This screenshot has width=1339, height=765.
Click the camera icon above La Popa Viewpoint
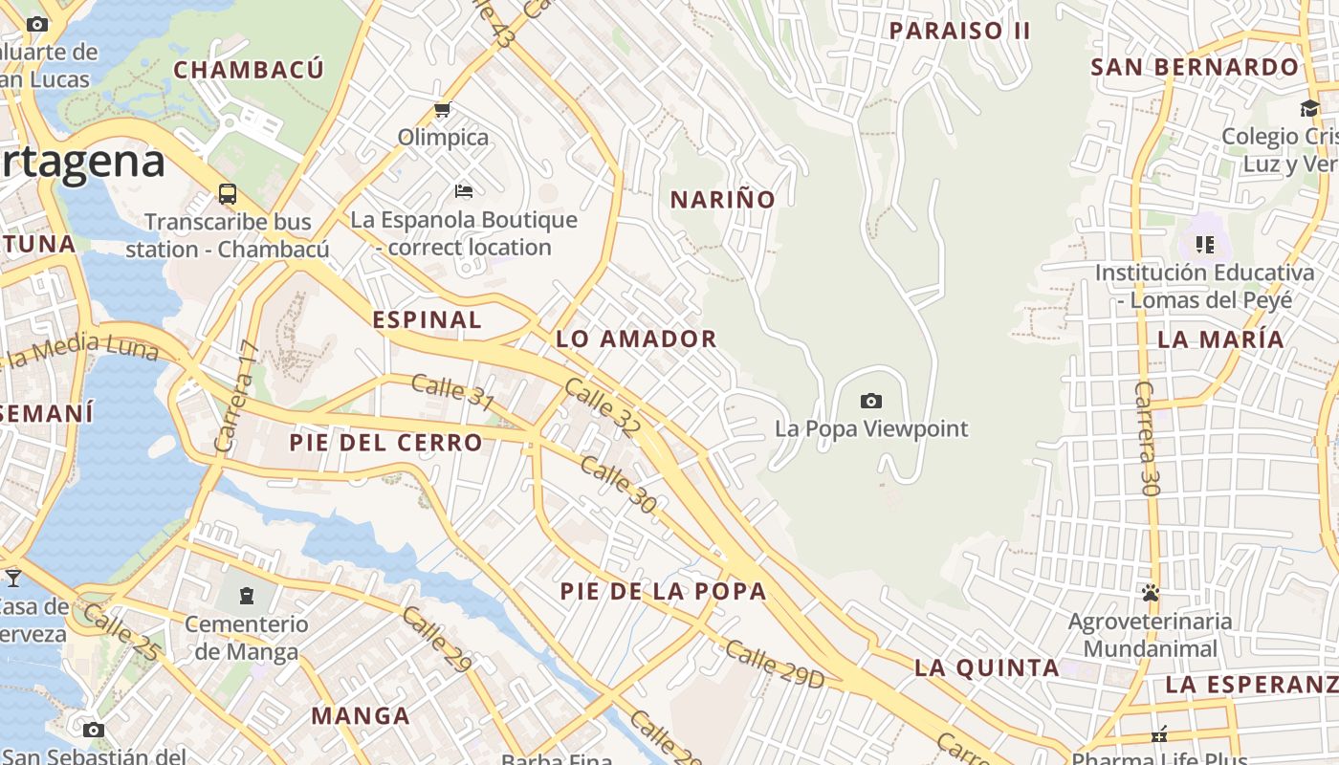pyautogui.click(x=870, y=401)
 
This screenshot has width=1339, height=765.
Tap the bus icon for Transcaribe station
pyautogui.click(x=228, y=194)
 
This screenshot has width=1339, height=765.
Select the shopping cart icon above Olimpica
pyautogui.click(x=442, y=110)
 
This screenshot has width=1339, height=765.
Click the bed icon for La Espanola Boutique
pyautogui.click(x=464, y=191)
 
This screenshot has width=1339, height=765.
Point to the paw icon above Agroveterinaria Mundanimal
pyautogui.click(x=1150, y=593)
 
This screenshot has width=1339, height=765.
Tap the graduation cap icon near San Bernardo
pyautogui.click(x=1309, y=108)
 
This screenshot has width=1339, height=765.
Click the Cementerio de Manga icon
pyautogui.click(x=247, y=596)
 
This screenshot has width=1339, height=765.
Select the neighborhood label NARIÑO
pyautogui.click(x=722, y=200)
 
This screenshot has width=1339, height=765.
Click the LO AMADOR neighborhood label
pyautogui.click(x=636, y=339)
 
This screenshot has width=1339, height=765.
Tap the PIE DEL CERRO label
pyautogui.click(x=386, y=443)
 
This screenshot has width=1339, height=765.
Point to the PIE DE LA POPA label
pyautogui.click(x=664, y=591)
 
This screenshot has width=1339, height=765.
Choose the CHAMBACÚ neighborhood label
pyautogui.click(x=249, y=70)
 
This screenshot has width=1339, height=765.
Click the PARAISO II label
pyautogui.click(x=959, y=31)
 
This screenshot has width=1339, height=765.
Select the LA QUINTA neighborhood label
pyautogui.click(x=987, y=667)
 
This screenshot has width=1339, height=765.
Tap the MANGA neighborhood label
pyautogui.click(x=361, y=715)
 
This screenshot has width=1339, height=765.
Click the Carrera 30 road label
pyautogui.click(x=1147, y=438)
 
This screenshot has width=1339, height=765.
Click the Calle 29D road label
pyautogui.click(x=774, y=664)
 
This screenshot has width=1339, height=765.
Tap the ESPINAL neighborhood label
pyautogui.click(x=428, y=319)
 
